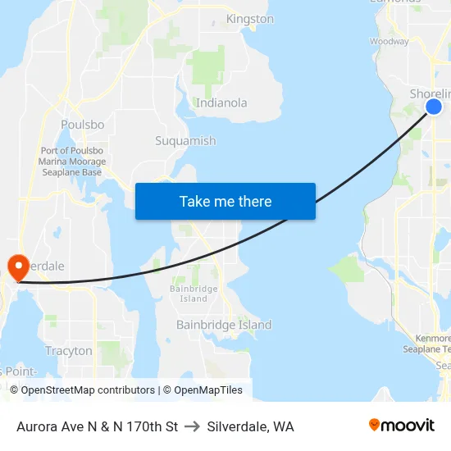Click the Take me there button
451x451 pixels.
225,201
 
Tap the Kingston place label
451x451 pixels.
249,19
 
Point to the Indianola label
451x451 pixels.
221,103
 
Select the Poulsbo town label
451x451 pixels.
82,125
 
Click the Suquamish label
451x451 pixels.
185,141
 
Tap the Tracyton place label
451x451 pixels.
69,351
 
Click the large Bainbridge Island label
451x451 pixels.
224,326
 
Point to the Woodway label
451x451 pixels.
389,41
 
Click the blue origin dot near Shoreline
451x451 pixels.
434,107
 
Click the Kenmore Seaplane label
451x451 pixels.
426,344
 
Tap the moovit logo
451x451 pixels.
401,426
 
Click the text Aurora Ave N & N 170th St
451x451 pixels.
97,426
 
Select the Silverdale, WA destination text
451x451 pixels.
251,426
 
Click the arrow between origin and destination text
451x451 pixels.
193,426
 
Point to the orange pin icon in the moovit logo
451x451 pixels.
374,426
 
